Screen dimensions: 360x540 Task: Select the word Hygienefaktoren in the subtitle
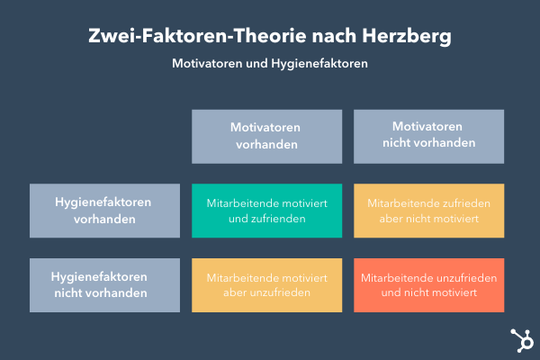pyautogui.click(x=321, y=65)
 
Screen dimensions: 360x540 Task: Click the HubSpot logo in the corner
pyautogui.click(x=520, y=340)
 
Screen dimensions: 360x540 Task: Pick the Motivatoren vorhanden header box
pyautogui.click(x=266, y=137)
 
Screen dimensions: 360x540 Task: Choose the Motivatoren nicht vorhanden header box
pyautogui.click(x=428, y=137)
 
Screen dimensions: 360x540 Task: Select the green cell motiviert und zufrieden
pyautogui.click(x=266, y=211)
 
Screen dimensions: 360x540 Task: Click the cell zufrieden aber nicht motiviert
pyautogui.click(x=428, y=211)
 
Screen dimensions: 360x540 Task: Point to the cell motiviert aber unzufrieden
pyautogui.click(x=266, y=285)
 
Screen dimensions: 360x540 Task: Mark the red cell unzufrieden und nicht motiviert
pyautogui.click(x=428, y=285)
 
